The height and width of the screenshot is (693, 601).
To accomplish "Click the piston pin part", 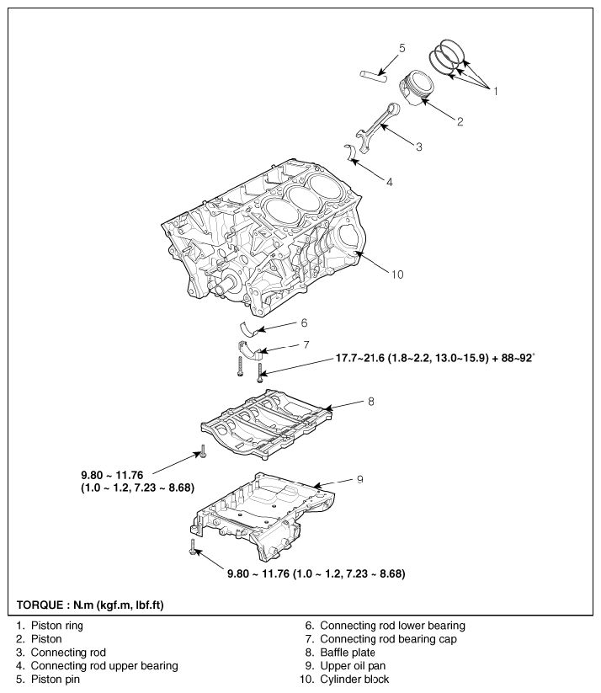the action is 373,76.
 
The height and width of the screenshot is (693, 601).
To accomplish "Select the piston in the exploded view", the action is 416,88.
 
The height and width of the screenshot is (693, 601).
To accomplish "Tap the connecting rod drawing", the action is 376,127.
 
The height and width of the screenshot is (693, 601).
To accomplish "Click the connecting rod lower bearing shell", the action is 249,329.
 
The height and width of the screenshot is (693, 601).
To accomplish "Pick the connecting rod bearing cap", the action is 250,349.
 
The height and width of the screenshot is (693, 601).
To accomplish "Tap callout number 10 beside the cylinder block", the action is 397,275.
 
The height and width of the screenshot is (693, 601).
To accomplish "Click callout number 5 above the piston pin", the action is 402,48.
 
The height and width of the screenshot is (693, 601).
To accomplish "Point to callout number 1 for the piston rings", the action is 496,91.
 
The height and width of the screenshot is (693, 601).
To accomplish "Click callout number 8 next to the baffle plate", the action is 370,402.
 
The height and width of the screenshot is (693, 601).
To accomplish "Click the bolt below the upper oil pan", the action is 193,547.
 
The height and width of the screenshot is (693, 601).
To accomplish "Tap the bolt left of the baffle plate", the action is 203,451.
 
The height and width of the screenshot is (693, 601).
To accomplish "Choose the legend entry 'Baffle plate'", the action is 348,653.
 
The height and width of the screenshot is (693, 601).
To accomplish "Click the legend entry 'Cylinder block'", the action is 354,680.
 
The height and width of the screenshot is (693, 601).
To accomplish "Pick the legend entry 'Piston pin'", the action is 56,680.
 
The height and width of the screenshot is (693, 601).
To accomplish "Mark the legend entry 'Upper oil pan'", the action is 353,666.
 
